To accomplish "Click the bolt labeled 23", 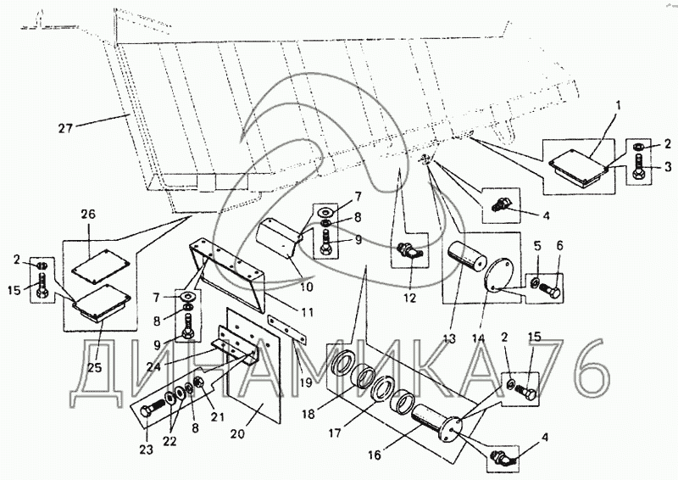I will click(x=153, y=409).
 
